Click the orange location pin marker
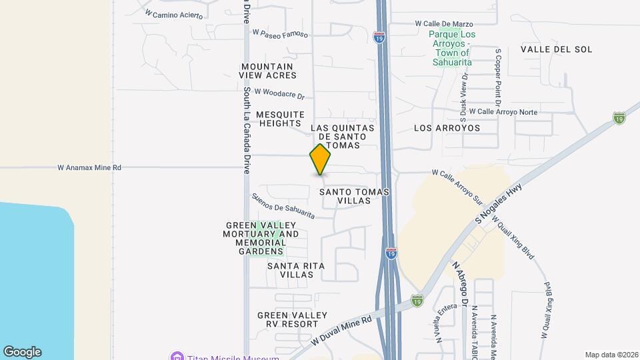point(320,159)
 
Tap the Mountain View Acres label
point(267,71)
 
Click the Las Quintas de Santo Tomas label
point(343,136)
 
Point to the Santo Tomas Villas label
point(354,196)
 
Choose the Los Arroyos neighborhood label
point(447,127)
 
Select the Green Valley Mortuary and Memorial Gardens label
point(262,239)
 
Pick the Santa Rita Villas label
point(296,270)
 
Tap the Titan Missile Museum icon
point(176,357)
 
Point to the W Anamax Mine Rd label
point(89,168)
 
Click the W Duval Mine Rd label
point(341,330)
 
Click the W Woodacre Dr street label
point(278,93)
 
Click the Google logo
point(22,352)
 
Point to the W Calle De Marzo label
point(443,23)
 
